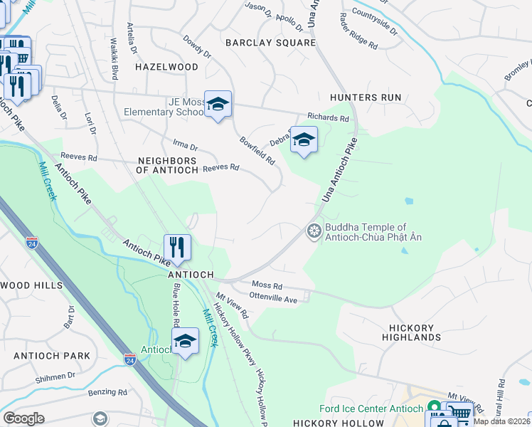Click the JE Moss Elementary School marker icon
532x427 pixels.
click(x=218, y=104)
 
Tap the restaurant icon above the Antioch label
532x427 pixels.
click(x=177, y=248)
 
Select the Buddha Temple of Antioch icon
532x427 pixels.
click(x=313, y=231)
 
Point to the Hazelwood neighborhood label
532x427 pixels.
click(x=166, y=67)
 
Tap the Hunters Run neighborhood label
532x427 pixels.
click(x=366, y=97)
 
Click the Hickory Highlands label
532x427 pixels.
click(x=415, y=332)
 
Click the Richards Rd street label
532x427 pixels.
click(x=328, y=118)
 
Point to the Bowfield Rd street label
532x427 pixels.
click(x=257, y=151)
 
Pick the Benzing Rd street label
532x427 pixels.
click(x=107, y=391)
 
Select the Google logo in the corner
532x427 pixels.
click(x=23, y=418)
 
